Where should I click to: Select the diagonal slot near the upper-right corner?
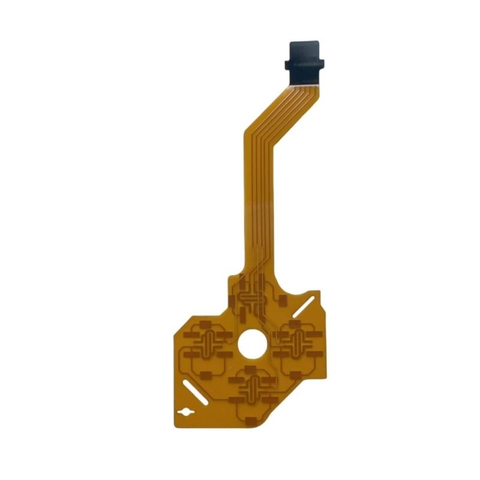point(307,306)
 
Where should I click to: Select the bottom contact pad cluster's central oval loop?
point(253,389)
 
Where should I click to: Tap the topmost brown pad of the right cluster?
point(296,322)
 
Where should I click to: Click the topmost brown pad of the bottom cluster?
point(251,366)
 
